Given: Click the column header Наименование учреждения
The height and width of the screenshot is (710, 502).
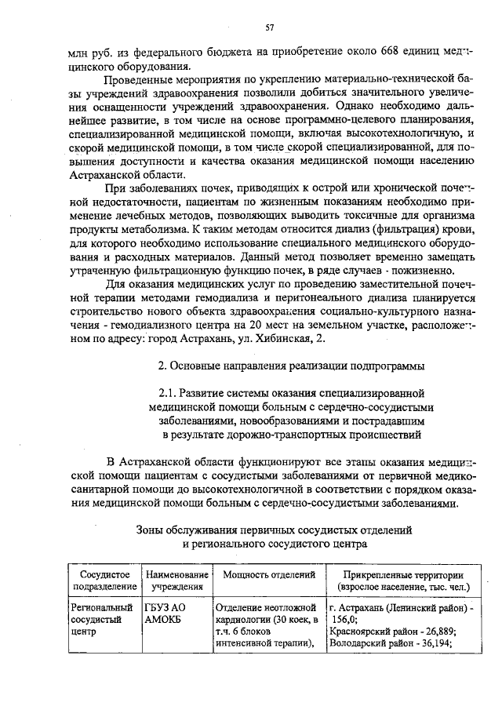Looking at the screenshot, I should point(176,581).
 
